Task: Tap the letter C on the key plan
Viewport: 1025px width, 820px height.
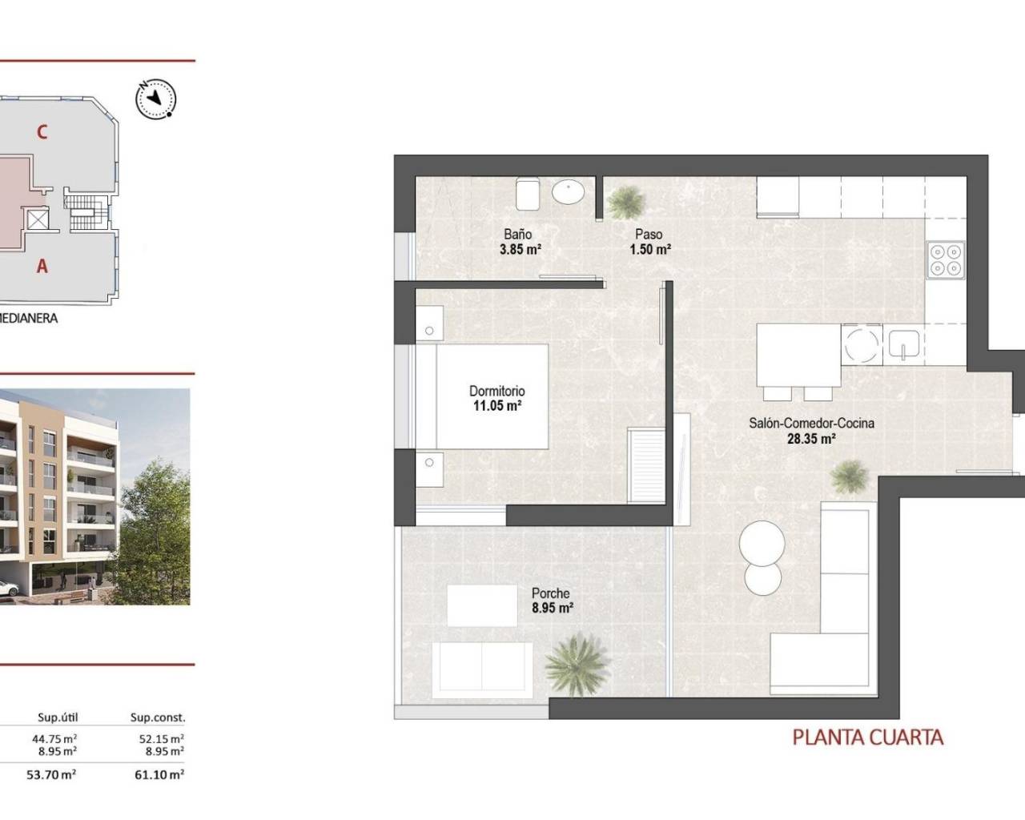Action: (x=42, y=132)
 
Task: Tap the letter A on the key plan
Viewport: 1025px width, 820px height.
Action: (x=42, y=267)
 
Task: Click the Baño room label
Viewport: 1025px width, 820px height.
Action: (x=518, y=235)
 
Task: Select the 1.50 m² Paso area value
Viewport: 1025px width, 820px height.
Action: (x=649, y=249)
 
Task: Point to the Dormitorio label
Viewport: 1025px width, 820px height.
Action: (x=496, y=392)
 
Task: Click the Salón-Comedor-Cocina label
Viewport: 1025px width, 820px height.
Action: (x=811, y=423)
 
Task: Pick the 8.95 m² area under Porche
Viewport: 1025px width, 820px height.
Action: (x=553, y=608)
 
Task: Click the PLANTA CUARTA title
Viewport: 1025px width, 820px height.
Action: (x=868, y=737)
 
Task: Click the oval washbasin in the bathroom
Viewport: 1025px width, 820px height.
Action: (x=569, y=192)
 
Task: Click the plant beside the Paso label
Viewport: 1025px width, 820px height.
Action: (x=625, y=202)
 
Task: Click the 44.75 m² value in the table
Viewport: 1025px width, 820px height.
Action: (x=56, y=738)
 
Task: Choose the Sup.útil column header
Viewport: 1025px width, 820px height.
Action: (x=58, y=717)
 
